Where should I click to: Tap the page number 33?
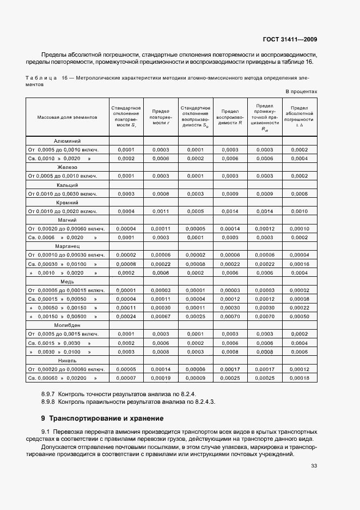click(314, 465)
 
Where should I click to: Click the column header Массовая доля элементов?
click(68, 117)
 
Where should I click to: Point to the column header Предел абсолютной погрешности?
click(299, 117)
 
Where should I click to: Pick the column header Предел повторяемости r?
click(161, 117)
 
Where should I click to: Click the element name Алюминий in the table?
click(68, 141)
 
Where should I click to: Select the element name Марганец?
click(68, 246)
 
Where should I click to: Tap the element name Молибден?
click(68, 325)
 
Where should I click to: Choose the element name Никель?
click(68, 360)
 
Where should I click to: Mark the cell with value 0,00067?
click(161, 316)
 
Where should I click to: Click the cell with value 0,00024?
click(126, 316)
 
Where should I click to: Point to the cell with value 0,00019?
click(161, 378)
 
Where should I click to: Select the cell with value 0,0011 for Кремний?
click(161, 211)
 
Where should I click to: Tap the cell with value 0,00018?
click(299, 378)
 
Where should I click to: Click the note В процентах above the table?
click(301, 92)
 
